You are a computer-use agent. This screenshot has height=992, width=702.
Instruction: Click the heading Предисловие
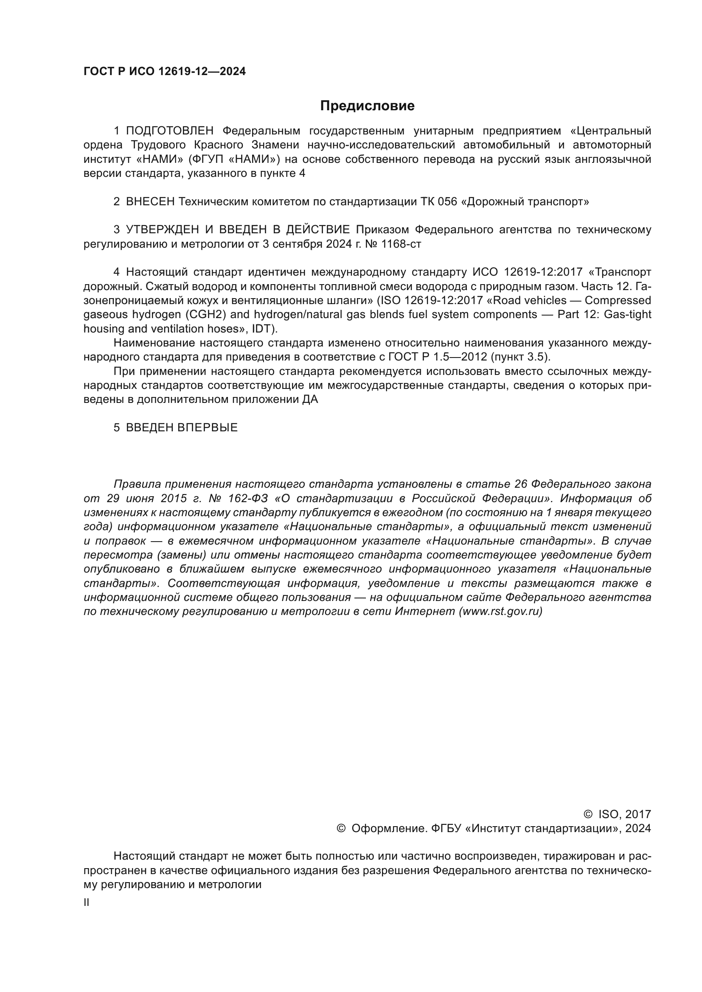tap(367, 106)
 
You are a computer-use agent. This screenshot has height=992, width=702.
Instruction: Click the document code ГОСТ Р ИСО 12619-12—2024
tap(164, 72)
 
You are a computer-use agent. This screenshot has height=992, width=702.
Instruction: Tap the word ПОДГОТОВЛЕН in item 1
tap(170, 131)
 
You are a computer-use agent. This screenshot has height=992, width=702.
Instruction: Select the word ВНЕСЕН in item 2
tap(150, 202)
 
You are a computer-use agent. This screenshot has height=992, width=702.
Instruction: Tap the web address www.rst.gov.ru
tap(500, 612)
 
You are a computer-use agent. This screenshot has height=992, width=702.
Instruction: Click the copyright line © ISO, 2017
tap(617, 814)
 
